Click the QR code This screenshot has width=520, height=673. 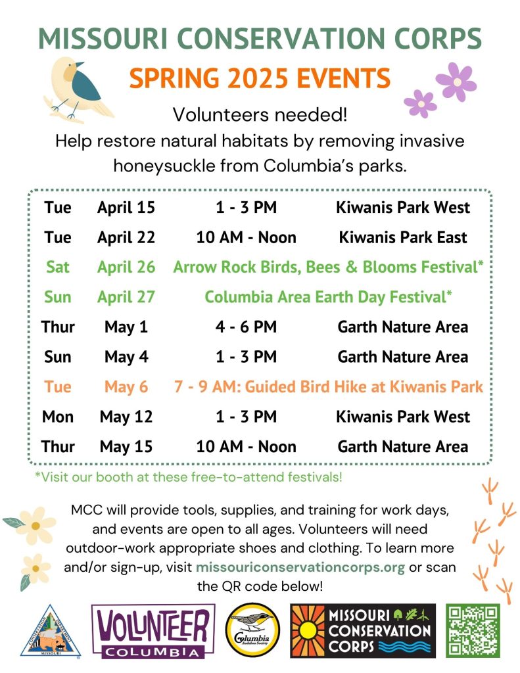[473, 630]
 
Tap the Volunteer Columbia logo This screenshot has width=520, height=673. [153, 631]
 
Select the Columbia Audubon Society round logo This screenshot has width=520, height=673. [252, 630]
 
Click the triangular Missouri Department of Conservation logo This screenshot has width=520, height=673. [50, 631]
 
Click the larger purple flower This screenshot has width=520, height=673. [456, 81]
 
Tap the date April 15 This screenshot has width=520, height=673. [126, 207]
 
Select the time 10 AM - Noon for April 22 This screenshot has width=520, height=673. [246, 237]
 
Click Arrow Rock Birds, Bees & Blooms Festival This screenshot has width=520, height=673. [329, 267]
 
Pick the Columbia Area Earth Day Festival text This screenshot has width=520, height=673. [329, 297]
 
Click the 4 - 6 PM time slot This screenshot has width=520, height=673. [246, 327]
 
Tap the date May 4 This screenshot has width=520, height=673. [126, 357]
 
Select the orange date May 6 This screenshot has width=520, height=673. [126, 387]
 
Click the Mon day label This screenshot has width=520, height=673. [58, 417]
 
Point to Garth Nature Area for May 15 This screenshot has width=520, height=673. [403, 447]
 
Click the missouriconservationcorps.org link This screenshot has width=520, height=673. [300, 567]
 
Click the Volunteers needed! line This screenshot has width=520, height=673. [260, 114]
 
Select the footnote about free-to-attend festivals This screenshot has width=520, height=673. [189, 477]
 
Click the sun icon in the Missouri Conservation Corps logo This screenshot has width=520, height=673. [308, 630]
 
